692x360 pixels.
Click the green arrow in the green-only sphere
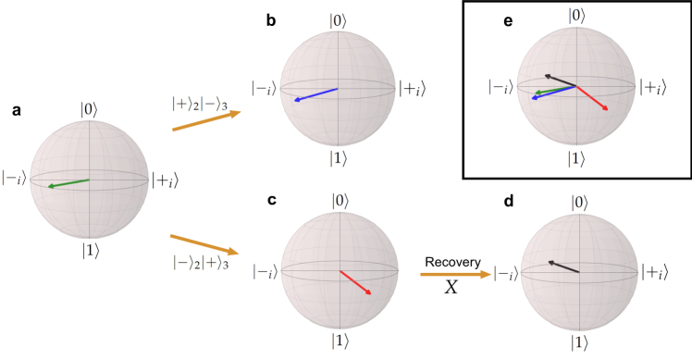(69, 183)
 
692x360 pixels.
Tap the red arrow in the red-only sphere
(355, 282)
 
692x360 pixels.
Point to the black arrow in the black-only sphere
(563, 267)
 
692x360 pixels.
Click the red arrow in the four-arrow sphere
(592, 98)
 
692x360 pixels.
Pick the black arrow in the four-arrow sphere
(561, 81)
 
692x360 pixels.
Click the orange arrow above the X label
(455, 274)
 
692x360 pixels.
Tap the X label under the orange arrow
(451, 287)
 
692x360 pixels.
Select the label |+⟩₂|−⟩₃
(201, 104)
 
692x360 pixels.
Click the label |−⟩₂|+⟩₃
(201, 263)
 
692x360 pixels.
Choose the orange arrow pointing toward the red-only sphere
(204, 244)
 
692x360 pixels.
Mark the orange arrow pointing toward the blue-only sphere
(206, 121)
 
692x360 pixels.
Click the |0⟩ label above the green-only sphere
(90, 109)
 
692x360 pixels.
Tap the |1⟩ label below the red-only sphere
(340, 341)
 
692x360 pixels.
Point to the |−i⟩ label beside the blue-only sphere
(264, 89)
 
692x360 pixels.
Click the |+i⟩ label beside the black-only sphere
(655, 272)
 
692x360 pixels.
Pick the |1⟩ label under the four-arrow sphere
(576, 159)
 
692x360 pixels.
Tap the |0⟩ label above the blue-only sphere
(339, 19)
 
